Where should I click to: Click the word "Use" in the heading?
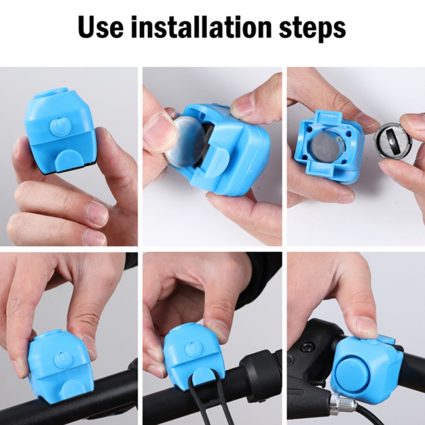(101, 27)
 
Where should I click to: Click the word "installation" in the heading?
(201, 27)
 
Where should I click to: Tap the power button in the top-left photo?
(60, 126)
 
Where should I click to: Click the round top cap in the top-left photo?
(52, 93)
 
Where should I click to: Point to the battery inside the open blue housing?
(325, 145)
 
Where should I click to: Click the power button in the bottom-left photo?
(63, 360)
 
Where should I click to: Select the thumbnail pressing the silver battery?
(155, 127)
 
